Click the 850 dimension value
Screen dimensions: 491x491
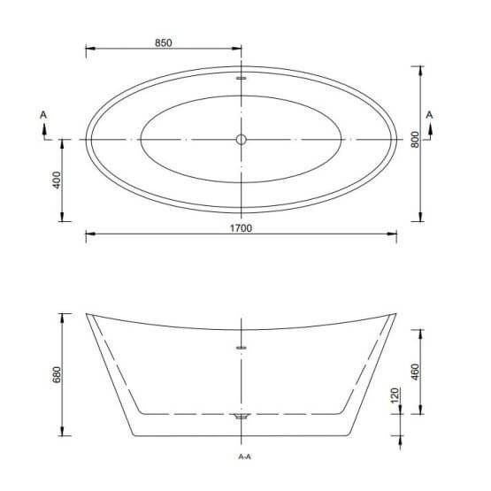tap(164, 42)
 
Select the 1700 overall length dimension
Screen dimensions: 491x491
tap(241, 228)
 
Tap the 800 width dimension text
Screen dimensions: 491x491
tap(415, 140)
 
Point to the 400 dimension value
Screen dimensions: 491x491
tap(57, 180)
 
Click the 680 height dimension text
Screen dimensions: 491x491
tap(57, 374)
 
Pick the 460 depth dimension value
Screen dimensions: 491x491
tap(415, 372)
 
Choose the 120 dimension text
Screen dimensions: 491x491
tap(395, 395)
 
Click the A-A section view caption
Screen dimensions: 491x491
tap(244, 456)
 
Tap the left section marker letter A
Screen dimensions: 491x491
tap(43, 115)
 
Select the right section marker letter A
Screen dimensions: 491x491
tap(429, 115)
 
